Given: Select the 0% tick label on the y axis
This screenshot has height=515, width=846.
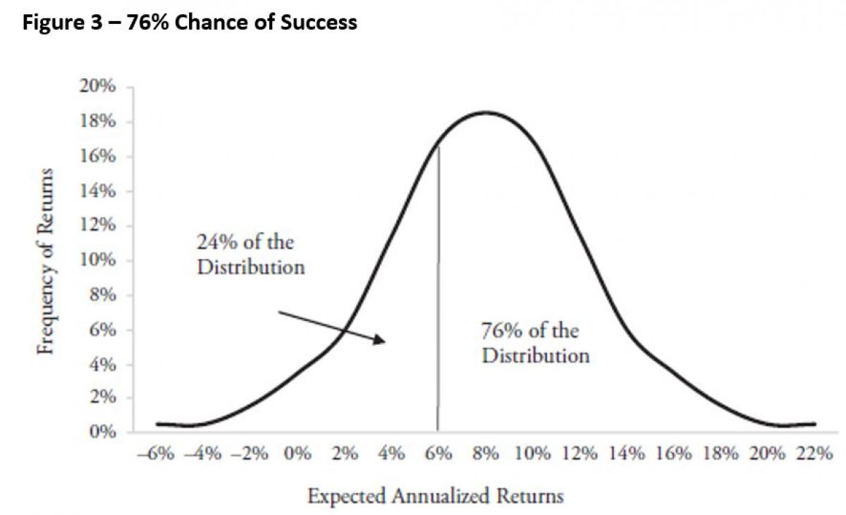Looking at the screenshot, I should click(x=104, y=432).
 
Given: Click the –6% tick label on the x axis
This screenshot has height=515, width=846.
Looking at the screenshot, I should click(x=156, y=454).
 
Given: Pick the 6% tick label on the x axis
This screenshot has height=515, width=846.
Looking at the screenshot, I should click(x=438, y=454).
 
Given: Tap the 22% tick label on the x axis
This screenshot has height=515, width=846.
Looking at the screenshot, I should click(x=815, y=454).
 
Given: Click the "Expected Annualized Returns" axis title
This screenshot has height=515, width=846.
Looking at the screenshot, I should click(x=436, y=497).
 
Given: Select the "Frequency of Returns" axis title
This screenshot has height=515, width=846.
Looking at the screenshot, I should click(x=46, y=261).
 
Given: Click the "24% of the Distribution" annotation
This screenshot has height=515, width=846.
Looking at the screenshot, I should click(x=250, y=255).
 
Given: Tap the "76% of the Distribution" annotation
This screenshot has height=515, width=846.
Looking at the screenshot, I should click(x=535, y=343).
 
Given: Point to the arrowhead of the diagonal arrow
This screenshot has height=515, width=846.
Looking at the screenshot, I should click(x=382, y=341).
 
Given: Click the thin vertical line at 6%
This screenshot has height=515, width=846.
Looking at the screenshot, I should click(x=438, y=296).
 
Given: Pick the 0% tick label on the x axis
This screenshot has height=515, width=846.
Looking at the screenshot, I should click(x=298, y=454).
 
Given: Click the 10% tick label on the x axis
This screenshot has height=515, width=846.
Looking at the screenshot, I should click(x=532, y=454).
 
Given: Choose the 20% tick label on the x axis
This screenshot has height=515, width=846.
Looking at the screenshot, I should click(x=768, y=454).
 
